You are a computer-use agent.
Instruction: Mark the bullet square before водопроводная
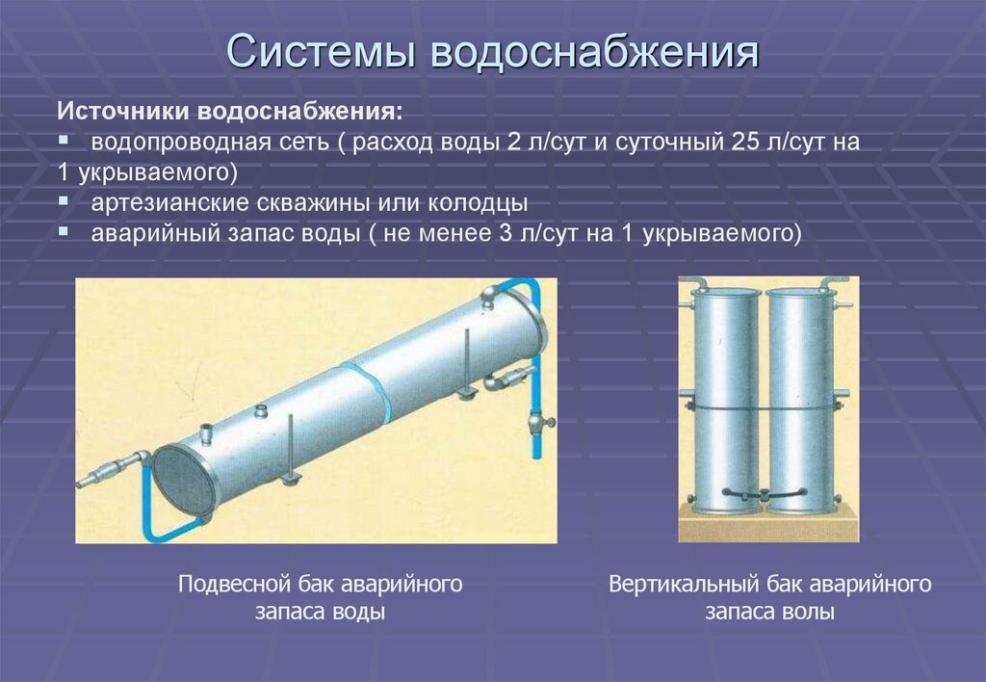(x=64, y=141)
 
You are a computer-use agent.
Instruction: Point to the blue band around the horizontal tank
(x=370, y=389)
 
